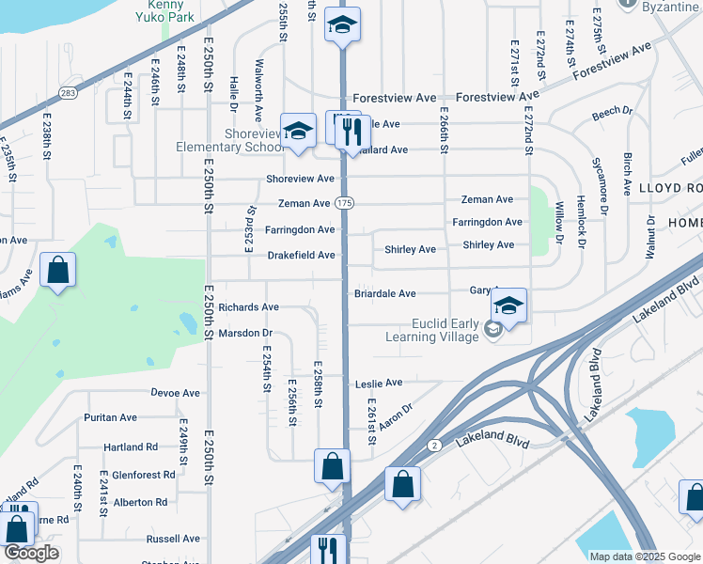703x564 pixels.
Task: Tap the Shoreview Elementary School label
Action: tap(229, 140)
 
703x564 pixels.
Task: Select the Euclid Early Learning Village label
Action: tap(432, 330)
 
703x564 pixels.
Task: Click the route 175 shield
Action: tap(345, 203)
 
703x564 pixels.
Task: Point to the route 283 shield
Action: tap(69, 92)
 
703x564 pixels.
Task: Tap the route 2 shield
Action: tap(433, 445)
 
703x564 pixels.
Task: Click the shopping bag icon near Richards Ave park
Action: tap(58, 271)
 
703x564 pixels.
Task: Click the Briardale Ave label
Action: tap(384, 293)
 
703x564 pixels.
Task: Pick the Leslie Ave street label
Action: tap(379, 383)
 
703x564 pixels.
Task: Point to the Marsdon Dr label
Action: tap(244, 333)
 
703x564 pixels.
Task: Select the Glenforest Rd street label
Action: tap(144, 475)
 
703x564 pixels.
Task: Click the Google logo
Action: tap(31, 553)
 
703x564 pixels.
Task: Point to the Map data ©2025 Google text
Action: tap(645, 556)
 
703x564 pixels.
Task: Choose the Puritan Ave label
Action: tap(110, 417)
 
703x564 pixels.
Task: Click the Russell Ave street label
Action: tap(173, 539)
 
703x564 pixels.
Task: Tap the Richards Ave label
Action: tap(248, 307)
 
